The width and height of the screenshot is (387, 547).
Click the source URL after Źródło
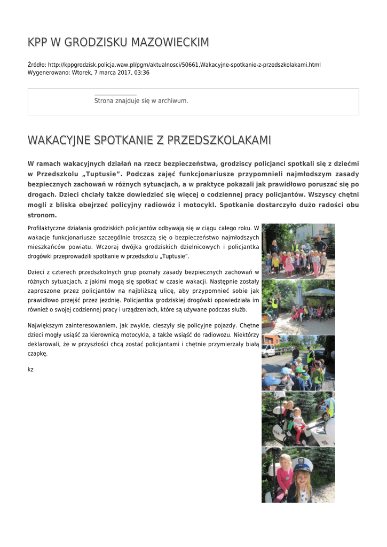(184, 65)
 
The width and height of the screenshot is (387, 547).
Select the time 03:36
(142, 72)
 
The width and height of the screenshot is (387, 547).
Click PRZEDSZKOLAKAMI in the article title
(219, 140)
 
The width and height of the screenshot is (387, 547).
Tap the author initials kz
(30, 369)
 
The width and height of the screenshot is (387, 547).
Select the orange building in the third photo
(270, 340)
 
